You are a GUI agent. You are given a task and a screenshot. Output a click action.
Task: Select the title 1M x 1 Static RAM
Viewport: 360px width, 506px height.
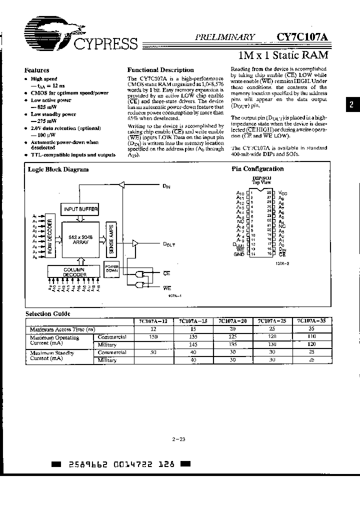point(282,54)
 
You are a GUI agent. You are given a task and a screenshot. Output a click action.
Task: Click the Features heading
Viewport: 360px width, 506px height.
point(37,70)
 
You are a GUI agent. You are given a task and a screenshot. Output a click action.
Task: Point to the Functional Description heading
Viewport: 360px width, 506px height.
point(160,70)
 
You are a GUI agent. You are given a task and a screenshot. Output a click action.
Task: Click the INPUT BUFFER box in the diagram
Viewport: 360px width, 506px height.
point(80,208)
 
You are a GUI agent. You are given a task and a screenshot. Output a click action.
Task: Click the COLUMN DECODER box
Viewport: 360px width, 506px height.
point(74,272)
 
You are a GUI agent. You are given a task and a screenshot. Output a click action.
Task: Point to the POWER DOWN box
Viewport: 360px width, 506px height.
point(111,268)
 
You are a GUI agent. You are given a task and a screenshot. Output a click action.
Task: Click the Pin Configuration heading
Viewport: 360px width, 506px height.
point(257,169)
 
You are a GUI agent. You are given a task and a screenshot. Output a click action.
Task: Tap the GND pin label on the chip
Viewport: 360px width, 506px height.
point(239,254)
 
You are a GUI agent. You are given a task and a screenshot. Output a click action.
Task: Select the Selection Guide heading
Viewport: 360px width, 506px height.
point(48,314)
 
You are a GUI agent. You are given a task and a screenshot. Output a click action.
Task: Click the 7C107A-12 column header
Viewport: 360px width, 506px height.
point(153,322)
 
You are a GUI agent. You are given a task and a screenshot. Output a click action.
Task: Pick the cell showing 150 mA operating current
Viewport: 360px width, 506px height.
point(153,337)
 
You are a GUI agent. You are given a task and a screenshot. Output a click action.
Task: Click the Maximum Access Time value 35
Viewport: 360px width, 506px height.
point(312,329)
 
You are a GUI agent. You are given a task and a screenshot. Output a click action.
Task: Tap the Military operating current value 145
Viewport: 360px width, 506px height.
point(193,344)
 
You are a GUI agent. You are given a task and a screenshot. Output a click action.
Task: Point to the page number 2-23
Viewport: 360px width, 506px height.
point(178,439)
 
